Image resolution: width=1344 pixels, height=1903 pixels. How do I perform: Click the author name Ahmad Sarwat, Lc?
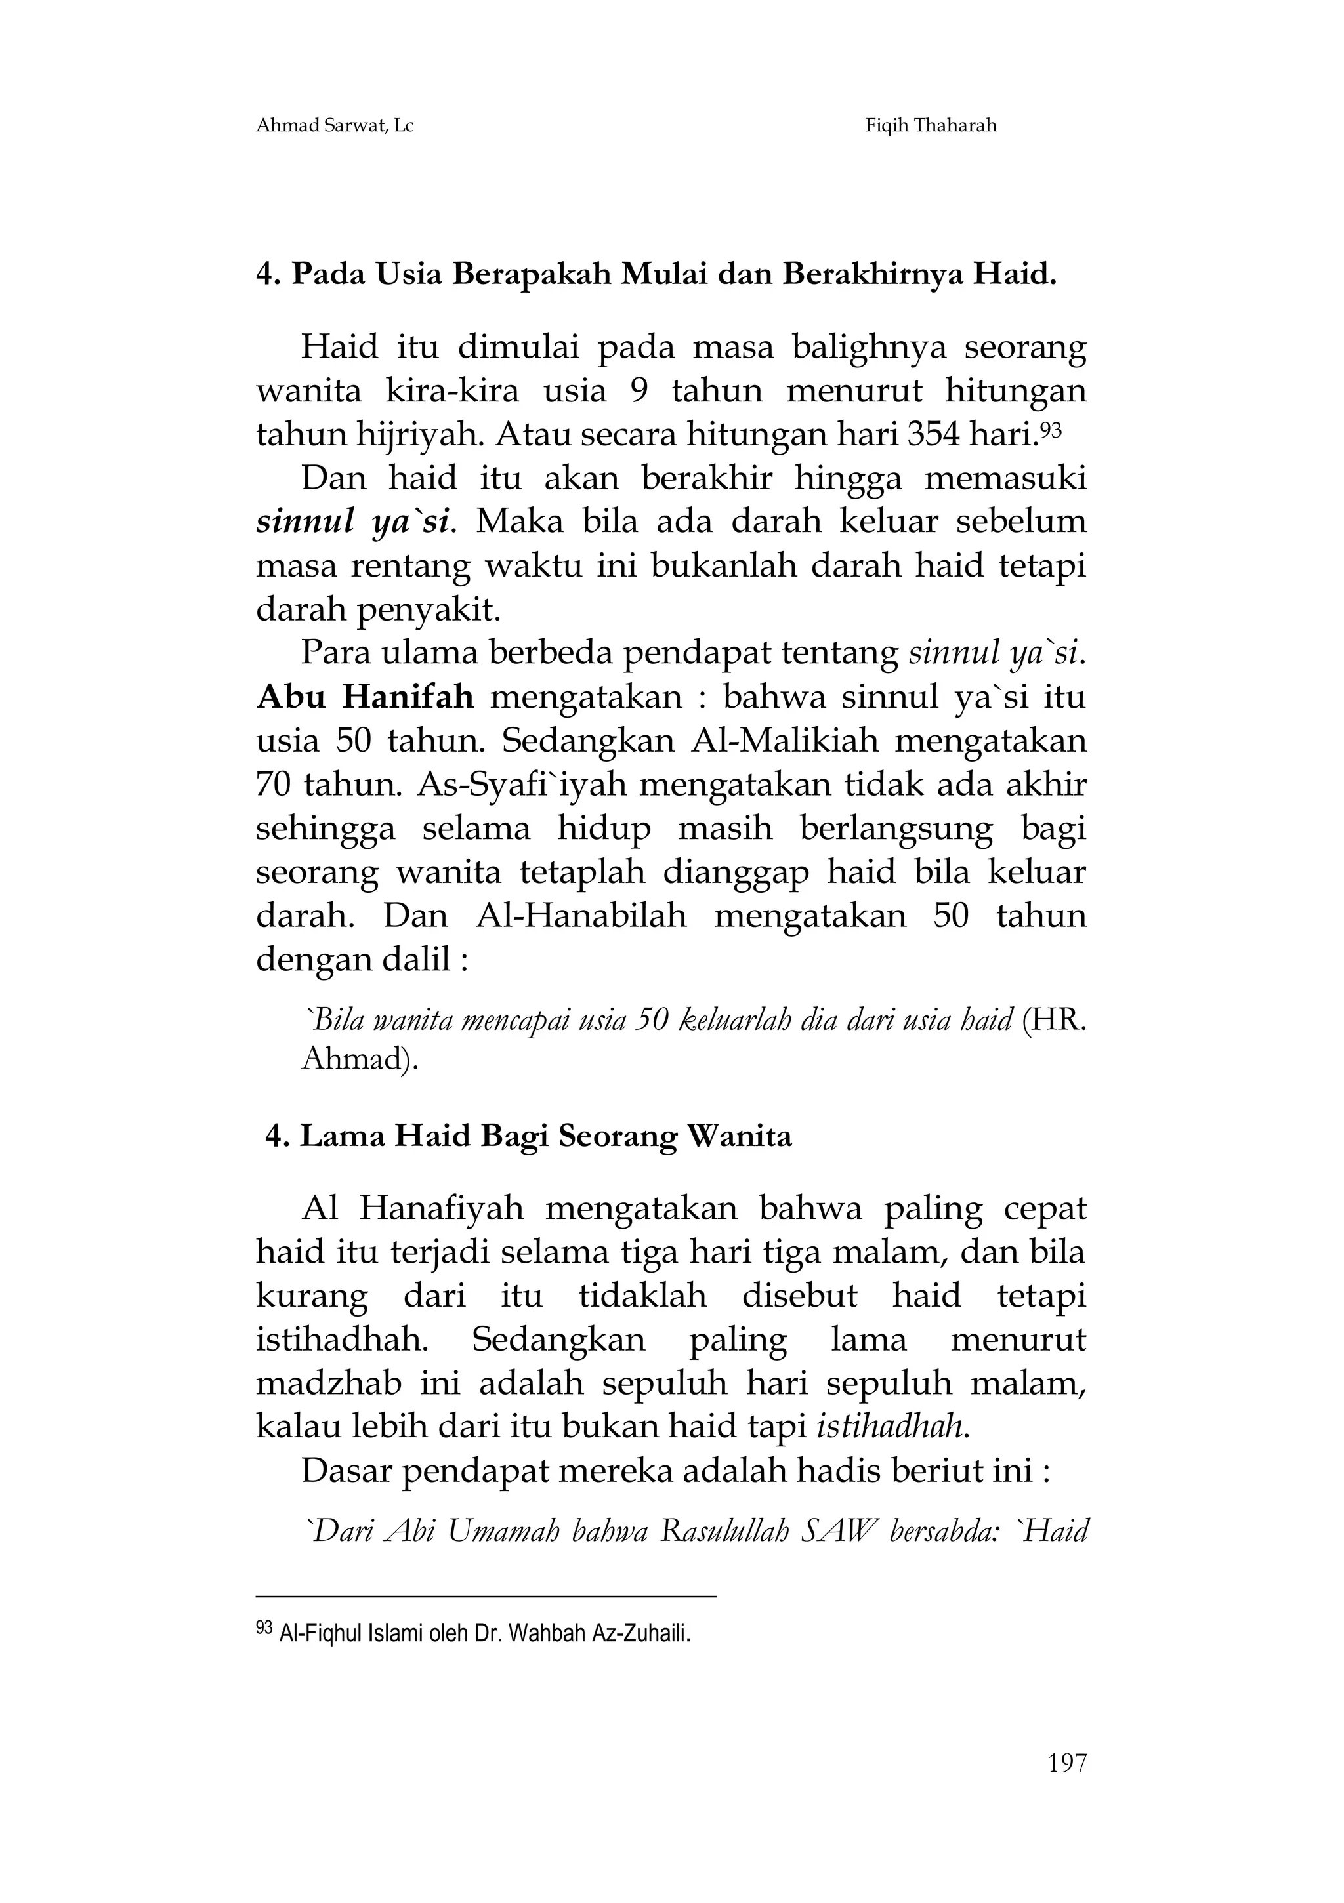(x=334, y=126)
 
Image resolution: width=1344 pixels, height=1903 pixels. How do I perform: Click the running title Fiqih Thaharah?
(x=931, y=126)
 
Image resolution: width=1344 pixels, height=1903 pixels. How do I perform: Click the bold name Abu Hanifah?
(x=365, y=697)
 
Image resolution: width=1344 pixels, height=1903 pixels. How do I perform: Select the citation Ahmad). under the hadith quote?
(x=358, y=1059)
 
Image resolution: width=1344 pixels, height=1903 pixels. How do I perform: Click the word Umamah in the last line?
(x=503, y=1532)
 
